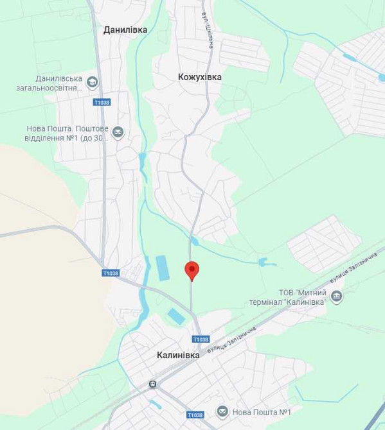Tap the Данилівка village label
(x=125, y=30)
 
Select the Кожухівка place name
(x=200, y=77)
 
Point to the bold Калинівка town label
(x=178, y=354)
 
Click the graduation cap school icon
(x=93, y=82)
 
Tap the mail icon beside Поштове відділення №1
(x=118, y=133)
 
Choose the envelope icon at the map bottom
(x=222, y=411)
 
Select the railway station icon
(x=153, y=384)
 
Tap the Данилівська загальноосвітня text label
(x=58, y=83)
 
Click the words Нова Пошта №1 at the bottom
(x=262, y=412)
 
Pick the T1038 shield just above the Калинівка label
(x=201, y=339)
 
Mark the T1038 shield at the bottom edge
(x=195, y=415)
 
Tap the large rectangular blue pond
(x=161, y=268)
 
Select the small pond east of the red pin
(x=264, y=262)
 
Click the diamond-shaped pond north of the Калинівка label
(x=175, y=316)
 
